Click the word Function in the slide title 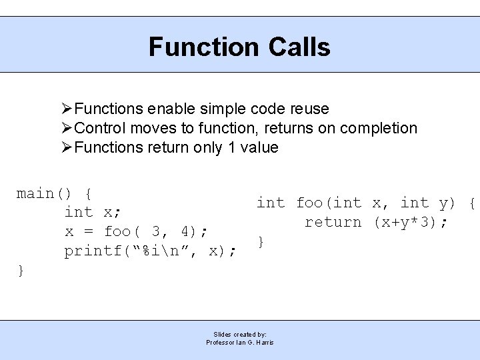click(203, 47)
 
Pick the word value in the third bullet click(259, 147)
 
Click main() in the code click(44, 193)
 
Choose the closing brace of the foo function click(261, 241)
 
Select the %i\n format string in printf click(161, 251)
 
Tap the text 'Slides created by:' click(240, 334)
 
